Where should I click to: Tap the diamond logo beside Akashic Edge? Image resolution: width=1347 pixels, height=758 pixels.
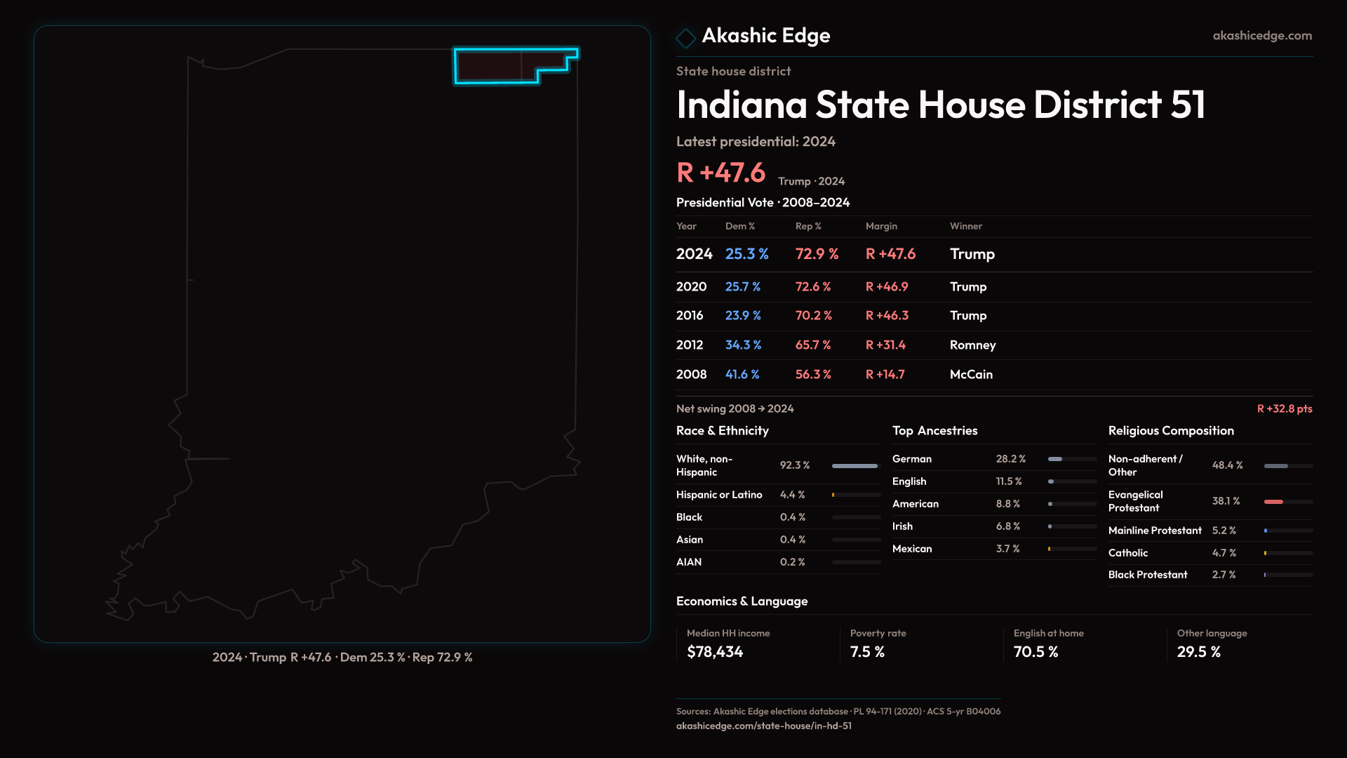[x=685, y=38]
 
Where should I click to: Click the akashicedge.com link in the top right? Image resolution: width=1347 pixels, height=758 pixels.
[x=1261, y=35]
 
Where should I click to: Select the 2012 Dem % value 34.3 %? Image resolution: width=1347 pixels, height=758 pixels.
[x=743, y=345]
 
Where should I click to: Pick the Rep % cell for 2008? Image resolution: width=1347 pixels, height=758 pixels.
[x=812, y=374]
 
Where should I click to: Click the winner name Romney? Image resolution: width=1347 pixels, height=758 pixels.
[x=972, y=345]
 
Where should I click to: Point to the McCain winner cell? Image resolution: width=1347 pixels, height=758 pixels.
[x=971, y=374]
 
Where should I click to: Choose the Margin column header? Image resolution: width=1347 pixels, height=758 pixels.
[x=881, y=226]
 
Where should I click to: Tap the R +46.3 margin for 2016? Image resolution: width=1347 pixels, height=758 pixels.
[x=887, y=315]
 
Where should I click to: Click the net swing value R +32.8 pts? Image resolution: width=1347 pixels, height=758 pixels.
[x=1284, y=408]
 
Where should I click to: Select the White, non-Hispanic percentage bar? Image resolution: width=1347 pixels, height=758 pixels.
[x=855, y=466]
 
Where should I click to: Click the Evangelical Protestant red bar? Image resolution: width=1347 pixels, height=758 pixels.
[x=1274, y=502]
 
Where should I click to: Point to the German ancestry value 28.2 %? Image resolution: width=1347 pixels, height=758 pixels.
[x=1010, y=458]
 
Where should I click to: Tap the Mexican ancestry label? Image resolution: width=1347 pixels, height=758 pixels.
[x=912, y=548]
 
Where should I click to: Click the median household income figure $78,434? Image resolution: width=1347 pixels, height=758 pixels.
[x=715, y=651]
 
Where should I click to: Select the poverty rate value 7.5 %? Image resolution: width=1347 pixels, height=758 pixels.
[x=867, y=651]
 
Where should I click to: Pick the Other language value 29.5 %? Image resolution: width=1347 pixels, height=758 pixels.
[x=1198, y=651]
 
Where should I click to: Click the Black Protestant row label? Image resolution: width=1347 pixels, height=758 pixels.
[x=1148, y=574]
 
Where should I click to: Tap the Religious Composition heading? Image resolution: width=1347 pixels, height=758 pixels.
[x=1171, y=430]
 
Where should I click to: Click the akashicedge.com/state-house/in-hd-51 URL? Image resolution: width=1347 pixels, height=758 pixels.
[x=763, y=726]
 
